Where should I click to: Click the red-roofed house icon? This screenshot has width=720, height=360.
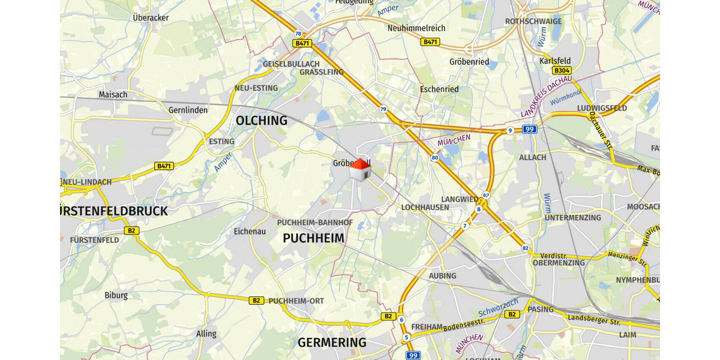[x=359, y=170]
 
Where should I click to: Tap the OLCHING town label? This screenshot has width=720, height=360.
[x=261, y=121]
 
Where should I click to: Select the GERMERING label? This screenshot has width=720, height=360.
[x=332, y=343]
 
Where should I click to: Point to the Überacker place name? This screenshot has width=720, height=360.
[x=151, y=17]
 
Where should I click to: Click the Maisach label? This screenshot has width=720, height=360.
[x=113, y=94]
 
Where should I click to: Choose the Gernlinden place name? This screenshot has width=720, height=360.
[x=188, y=110]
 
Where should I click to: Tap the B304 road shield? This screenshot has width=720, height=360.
[x=562, y=70]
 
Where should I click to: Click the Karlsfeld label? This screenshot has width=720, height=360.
[x=555, y=61]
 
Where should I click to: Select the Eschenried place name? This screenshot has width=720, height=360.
[x=439, y=89]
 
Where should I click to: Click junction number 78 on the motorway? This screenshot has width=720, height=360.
[x=298, y=34]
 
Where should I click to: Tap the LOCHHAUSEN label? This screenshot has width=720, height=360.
[x=425, y=207]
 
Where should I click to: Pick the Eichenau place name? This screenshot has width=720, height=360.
[x=250, y=230]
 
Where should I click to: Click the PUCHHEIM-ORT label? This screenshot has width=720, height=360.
[x=296, y=301]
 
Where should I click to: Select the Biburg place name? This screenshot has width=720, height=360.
[x=116, y=295]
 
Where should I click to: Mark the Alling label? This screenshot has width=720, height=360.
[x=206, y=334]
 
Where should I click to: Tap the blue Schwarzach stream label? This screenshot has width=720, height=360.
[x=498, y=308]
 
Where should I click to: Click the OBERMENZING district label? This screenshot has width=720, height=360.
[x=559, y=263]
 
